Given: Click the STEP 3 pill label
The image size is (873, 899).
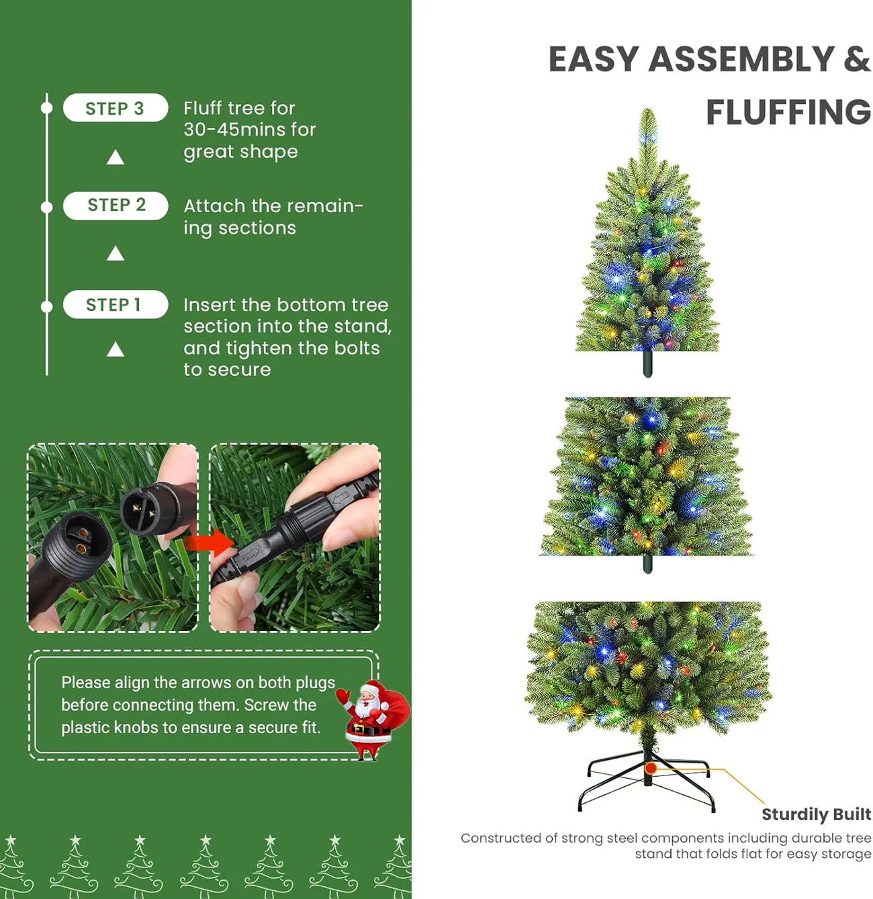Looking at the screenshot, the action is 115,107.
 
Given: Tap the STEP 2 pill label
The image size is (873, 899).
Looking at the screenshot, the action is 115,205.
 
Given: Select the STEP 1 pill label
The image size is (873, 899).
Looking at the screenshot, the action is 115,304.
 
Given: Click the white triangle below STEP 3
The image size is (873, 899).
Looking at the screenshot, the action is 115,158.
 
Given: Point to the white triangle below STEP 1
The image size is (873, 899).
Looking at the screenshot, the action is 115,349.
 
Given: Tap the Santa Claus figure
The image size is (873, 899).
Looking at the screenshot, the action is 372,719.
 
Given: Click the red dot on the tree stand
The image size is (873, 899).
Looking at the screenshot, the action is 651,768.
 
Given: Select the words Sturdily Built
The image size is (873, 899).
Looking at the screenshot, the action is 816,814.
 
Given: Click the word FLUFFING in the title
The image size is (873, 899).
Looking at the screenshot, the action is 788,112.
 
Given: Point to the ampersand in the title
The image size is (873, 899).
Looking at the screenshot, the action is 858,59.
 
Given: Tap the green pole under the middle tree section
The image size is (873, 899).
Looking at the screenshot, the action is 647,563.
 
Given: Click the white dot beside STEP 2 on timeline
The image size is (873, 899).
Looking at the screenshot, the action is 47,207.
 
